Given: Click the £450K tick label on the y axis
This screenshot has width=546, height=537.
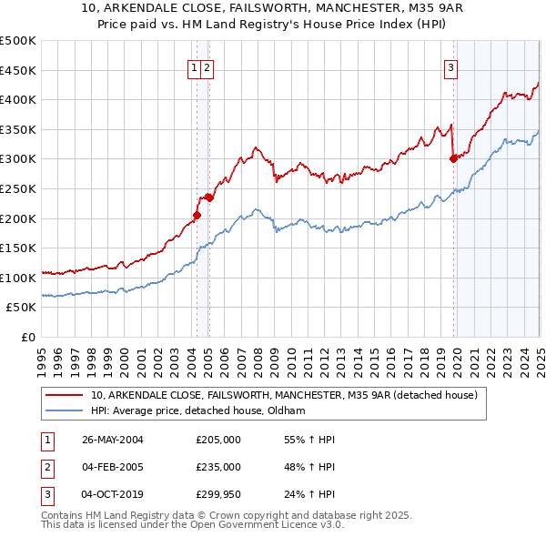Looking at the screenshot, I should coord(18,70).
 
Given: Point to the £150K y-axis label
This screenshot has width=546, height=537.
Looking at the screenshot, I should coord(18,248).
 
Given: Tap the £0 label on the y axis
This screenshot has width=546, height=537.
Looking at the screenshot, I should coord(28,337).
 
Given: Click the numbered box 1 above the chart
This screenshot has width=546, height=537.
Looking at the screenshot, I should coord(195,66).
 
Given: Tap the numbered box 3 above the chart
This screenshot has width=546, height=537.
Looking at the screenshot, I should coord(451,66).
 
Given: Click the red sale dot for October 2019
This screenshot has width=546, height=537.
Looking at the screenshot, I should coord(453,159).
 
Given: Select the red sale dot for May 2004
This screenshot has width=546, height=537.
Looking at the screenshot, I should coord(197,215).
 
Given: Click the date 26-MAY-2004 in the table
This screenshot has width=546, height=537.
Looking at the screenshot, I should coord(113,440).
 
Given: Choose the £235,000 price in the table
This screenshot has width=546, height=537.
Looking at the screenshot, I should coord(218,467).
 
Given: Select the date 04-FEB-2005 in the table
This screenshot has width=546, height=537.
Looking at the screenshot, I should coord(113,467).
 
